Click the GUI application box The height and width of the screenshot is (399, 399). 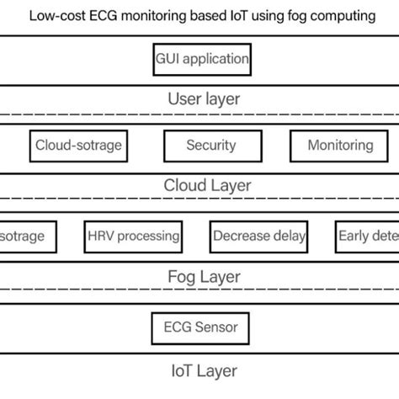[202, 60]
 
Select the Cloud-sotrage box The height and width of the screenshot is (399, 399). [78, 146]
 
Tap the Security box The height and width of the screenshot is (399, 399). [210, 146]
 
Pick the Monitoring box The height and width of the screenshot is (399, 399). [339, 146]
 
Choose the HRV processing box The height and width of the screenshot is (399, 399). [134, 237]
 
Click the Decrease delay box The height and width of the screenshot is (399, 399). [259, 237]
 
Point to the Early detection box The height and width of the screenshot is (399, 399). [366, 237]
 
